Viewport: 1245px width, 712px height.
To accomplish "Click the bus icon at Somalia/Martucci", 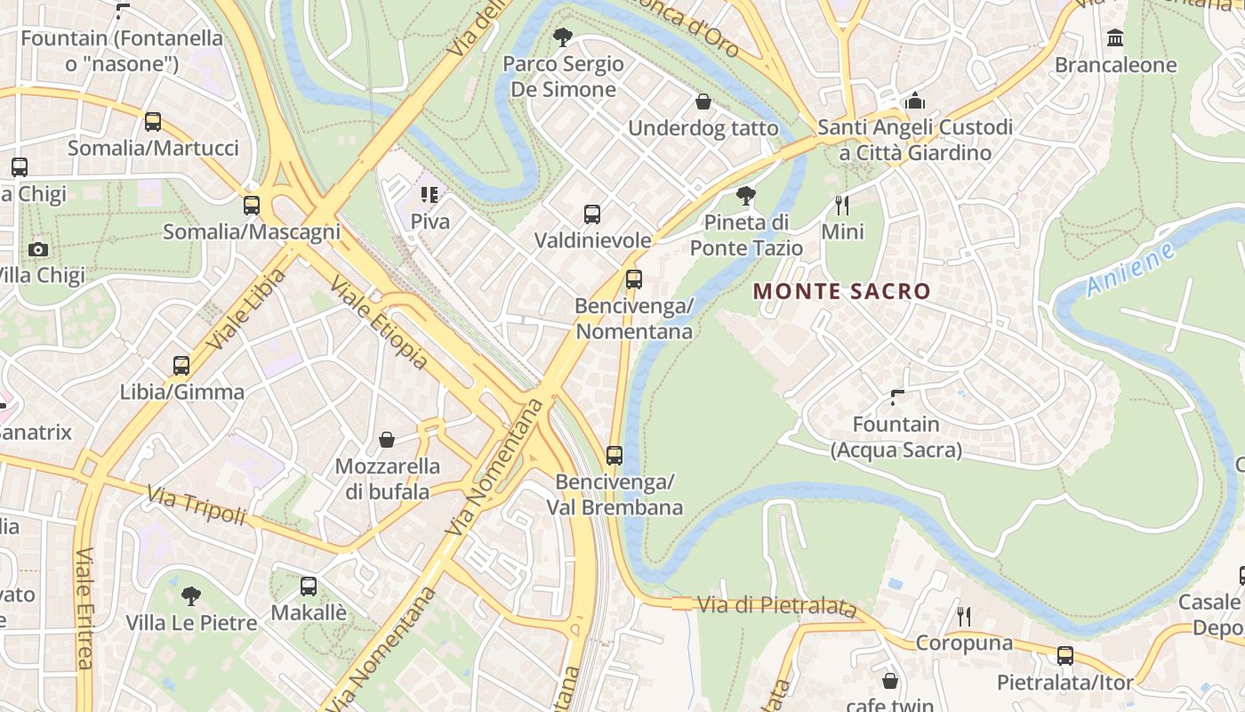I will click(x=153, y=122).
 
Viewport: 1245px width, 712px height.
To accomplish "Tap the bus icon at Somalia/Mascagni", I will click(x=252, y=206).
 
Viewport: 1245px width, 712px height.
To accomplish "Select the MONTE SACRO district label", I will click(x=841, y=291).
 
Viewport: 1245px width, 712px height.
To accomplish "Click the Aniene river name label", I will click(x=1130, y=269).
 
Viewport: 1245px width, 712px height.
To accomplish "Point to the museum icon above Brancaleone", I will click(x=1115, y=38).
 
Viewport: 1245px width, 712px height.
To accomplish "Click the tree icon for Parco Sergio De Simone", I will click(x=562, y=37).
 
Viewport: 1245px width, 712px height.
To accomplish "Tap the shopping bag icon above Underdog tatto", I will click(x=703, y=101).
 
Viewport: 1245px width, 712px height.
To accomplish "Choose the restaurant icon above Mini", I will click(x=842, y=206).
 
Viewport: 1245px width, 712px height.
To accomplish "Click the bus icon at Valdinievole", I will click(x=592, y=214).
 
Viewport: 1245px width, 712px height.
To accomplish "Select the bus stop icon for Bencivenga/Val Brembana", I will click(x=614, y=456).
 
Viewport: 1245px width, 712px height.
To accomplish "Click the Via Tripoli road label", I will click(x=196, y=505).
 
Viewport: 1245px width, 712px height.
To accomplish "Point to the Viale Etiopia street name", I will click(x=379, y=323).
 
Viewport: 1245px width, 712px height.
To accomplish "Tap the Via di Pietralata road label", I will click(x=776, y=606).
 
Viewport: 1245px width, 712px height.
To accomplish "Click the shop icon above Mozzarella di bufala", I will click(x=387, y=440).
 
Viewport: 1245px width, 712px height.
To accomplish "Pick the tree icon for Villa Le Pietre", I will click(x=190, y=595).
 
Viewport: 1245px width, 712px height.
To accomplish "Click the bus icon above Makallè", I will click(x=309, y=587).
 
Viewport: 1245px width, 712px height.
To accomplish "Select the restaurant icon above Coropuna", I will click(x=963, y=616).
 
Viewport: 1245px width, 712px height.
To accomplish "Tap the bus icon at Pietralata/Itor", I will click(x=1065, y=656).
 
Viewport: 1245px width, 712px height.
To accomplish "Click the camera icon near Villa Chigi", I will click(x=37, y=249).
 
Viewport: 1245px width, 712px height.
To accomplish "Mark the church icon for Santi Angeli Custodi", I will click(x=915, y=101).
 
